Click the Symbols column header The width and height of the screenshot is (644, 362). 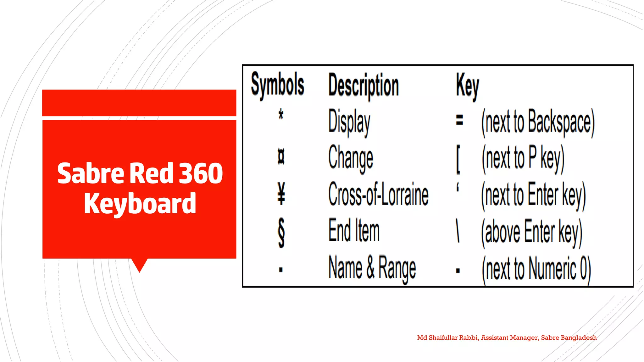277,85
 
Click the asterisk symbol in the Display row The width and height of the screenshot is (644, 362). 281,114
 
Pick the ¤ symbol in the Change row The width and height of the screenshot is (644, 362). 281,157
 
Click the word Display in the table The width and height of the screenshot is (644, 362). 349,122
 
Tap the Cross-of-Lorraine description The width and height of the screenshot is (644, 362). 378,195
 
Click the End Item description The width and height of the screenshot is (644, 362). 354,231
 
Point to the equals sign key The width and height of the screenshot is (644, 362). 459,120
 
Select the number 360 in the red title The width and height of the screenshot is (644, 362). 201,173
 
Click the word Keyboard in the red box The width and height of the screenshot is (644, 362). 140,204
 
